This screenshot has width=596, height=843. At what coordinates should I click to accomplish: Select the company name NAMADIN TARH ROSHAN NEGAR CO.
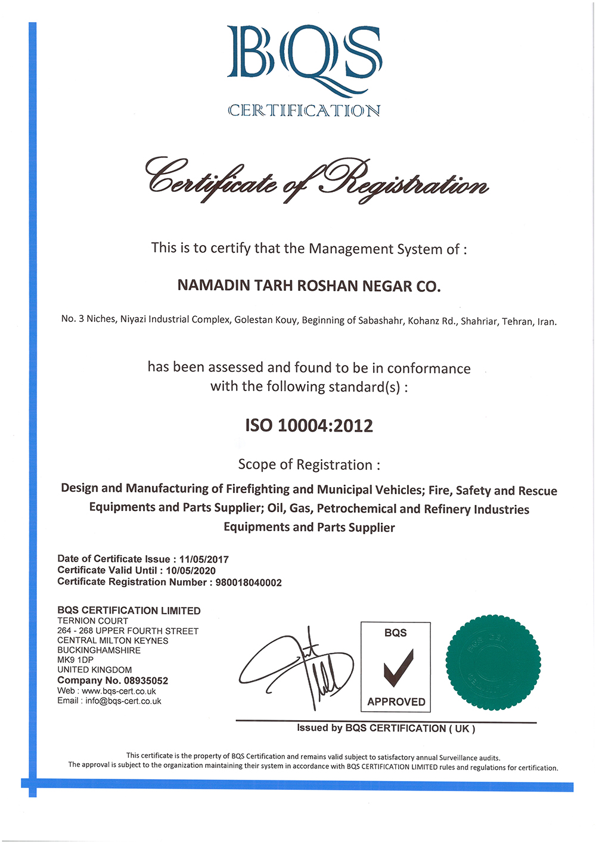pyautogui.click(x=309, y=286)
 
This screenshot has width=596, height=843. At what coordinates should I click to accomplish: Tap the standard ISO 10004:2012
pyautogui.click(x=309, y=426)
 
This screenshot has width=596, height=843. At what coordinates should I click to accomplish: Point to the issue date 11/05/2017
pyautogui.click(x=204, y=559)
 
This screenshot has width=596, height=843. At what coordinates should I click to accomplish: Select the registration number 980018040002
pyautogui.click(x=249, y=582)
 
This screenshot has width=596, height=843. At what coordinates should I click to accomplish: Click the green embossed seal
pyautogui.click(x=493, y=662)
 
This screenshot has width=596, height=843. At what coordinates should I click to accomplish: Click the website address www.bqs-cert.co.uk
pyautogui.click(x=119, y=692)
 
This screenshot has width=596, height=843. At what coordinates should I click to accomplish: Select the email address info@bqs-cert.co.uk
pyautogui.click(x=123, y=701)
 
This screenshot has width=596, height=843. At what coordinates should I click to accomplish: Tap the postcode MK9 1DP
pyautogui.click(x=75, y=660)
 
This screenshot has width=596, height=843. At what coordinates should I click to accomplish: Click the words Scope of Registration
pyautogui.click(x=309, y=464)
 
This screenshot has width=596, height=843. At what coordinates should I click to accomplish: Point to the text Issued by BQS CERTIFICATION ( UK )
pyautogui.click(x=386, y=728)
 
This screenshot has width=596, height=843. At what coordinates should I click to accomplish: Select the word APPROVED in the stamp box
pyautogui.click(x=396, y=702)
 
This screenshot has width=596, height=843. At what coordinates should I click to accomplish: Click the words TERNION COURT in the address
pyautogui.click(x=92, y=621)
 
